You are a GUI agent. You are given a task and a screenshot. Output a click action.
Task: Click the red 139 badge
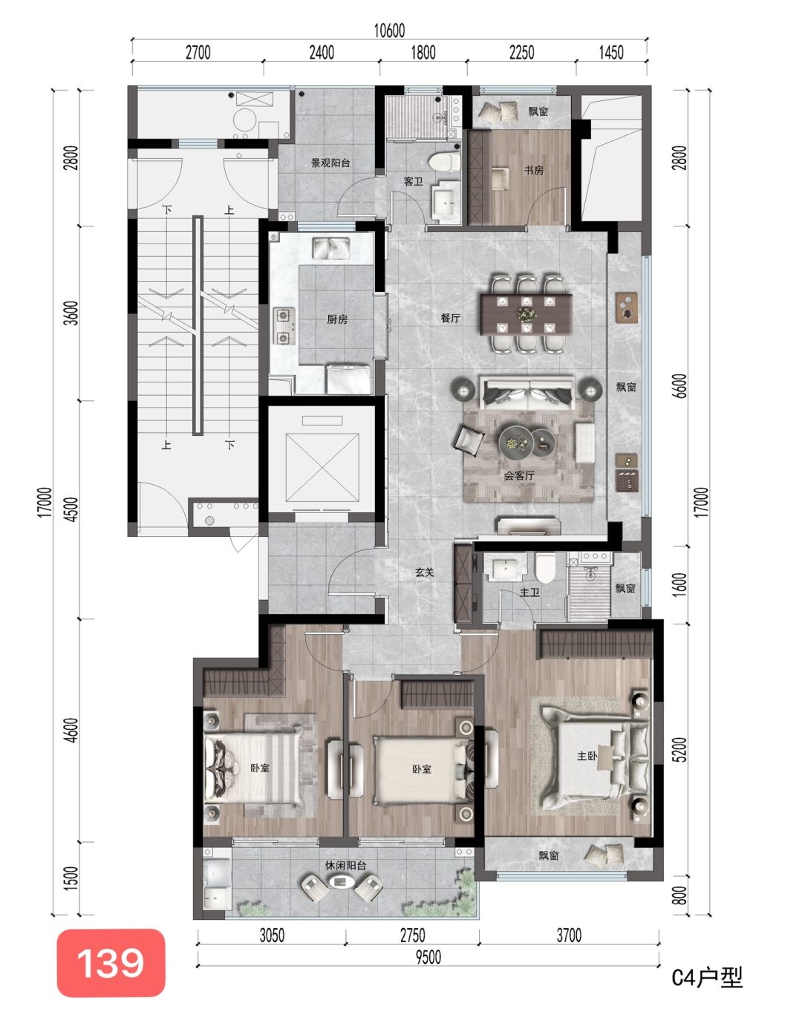(x=111, y=962)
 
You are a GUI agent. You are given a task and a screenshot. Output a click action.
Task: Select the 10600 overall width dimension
(x=389, y=30)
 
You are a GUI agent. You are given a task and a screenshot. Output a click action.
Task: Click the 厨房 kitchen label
(x=337, y=319)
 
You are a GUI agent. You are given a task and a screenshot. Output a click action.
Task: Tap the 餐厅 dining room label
(x=451, y=318)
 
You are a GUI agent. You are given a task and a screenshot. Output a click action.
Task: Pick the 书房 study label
(x=534, y=170)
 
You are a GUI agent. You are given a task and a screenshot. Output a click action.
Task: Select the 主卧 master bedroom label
(x=587, y=756)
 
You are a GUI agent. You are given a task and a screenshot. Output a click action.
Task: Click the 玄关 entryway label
(x=425, y=572)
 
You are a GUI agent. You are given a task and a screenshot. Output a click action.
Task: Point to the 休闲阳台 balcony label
(x=346, y=866)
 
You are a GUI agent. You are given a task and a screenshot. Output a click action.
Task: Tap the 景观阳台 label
(x=330, y=163)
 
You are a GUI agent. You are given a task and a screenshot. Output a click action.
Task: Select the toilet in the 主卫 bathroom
(x=546, y=568)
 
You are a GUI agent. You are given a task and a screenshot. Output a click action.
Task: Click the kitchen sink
(x=331, y=248)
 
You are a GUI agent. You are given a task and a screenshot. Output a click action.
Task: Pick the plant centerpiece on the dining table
(x=525, y=313)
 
